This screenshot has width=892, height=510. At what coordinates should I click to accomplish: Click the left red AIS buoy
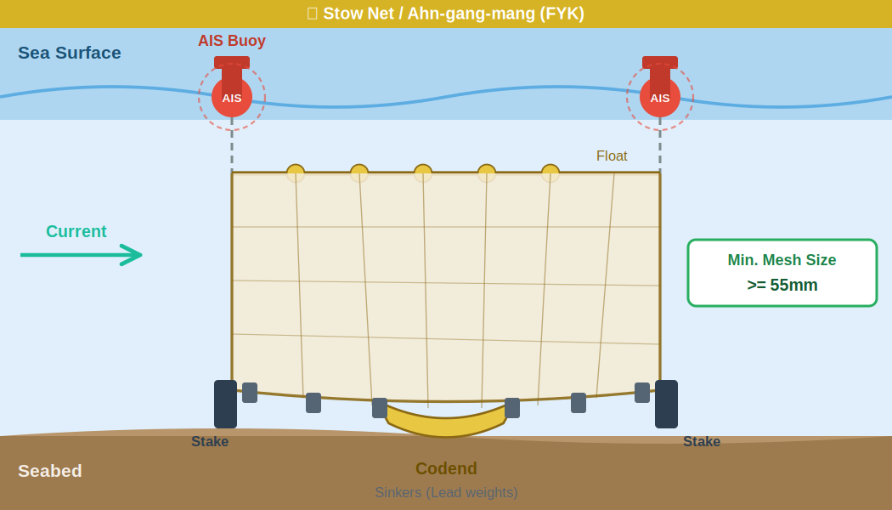click(x=232, y=93)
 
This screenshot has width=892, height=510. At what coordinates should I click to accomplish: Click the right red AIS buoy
click(x=660, y=93)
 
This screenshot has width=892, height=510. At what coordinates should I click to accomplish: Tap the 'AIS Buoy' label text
click(x=232, y=41)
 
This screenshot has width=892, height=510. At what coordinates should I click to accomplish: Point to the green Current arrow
click(x=81, y=255)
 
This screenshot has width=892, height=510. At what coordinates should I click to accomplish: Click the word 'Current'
click(x=76, y=231)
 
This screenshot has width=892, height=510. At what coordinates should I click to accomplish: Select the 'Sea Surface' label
click(x=70, y=53)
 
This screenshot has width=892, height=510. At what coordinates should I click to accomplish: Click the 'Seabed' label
click(x=50, y=471)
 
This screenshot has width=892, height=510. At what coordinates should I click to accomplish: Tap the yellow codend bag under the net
click(x=446, y=423)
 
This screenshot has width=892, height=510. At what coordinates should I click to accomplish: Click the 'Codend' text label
click(x=446, y=468)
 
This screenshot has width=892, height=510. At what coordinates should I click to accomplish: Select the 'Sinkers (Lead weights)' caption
click(x=446, y=493)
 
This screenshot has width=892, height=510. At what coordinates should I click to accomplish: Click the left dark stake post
click(x=225, y=404)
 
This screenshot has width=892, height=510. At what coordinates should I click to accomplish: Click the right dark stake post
click(x=666, y=404)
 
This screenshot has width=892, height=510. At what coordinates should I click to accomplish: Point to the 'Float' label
click(x=612, y=156)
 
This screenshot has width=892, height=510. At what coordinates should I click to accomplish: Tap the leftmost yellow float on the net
click(x=296, y=173)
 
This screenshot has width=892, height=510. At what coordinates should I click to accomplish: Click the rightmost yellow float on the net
click(x=550, y=173)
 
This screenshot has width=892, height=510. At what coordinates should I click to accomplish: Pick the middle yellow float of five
click(x=423, y=173)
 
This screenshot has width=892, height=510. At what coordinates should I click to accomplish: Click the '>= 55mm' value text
click(x=782, y=286)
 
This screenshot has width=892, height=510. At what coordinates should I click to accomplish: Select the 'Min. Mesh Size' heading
click(x=782, y=260)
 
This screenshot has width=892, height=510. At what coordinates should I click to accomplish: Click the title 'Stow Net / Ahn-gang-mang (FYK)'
click(x=454, y=14)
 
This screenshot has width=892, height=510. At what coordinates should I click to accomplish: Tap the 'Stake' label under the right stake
click(x=702, y=442)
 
